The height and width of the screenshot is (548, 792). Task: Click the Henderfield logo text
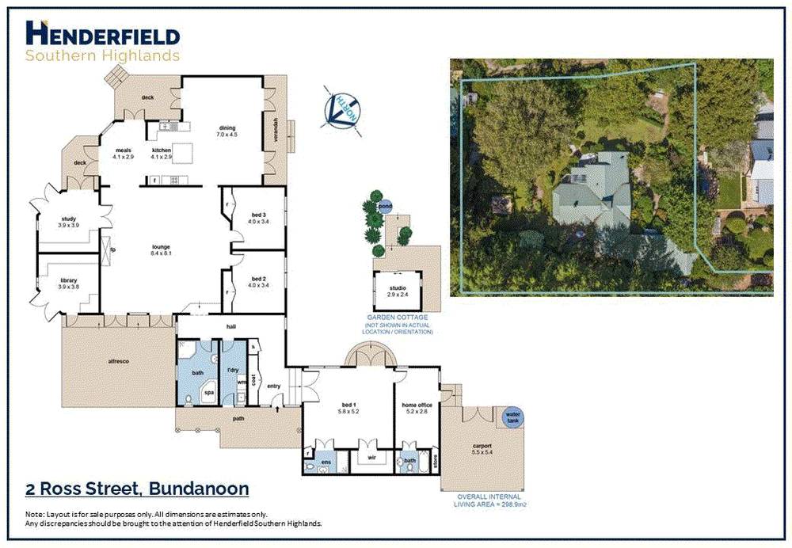[x=103, y=34]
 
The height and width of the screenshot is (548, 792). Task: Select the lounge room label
[x=162, y=250]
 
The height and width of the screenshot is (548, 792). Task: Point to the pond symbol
[x=385, y=207]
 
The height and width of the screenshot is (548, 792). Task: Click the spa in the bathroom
[x=209, y=391]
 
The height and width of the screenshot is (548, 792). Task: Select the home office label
[x=418, y=408]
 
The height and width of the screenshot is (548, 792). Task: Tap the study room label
[x=68, y=222]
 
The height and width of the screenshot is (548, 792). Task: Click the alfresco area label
[x=118, y=360]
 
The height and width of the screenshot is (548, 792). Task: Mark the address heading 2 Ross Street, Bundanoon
[x=137, y=489]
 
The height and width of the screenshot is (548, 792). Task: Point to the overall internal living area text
[x=490, y=500]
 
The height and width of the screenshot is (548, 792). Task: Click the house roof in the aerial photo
[x=594, y=190]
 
